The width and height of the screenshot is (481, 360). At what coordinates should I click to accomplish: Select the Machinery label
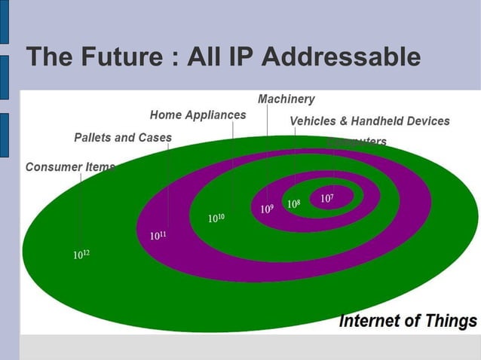(x=286, y=99)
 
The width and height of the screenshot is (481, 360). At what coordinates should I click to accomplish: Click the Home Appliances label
(x=198, y=115)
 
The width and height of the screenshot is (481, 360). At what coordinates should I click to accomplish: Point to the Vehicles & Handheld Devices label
(x=369, y=121)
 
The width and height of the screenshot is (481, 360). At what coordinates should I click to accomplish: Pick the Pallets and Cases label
(x=123, y=138)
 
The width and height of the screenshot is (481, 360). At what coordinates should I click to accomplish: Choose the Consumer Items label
(x=70, y=167)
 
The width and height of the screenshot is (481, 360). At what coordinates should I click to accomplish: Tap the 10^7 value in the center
(x=327, y=198)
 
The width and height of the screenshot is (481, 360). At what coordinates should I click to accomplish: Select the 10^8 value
(x=293, y=203)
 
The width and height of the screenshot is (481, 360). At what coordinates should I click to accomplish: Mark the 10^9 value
(x=267, y=209)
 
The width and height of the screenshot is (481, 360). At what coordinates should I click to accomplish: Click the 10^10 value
(x=216, y=218)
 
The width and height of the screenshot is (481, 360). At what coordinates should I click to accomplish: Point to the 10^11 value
(x=158, y=236)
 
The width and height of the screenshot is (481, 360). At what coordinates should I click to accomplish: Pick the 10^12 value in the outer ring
(x=81, y=255)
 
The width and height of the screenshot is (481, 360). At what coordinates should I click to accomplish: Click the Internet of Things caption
(x=408, y=321)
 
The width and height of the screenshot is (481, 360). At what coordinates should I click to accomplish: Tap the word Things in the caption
(x=449, y=321)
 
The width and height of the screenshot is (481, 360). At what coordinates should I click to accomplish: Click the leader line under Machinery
(x=267, y=151)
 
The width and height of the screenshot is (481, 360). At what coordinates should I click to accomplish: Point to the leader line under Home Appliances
(x=233, y=166)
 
